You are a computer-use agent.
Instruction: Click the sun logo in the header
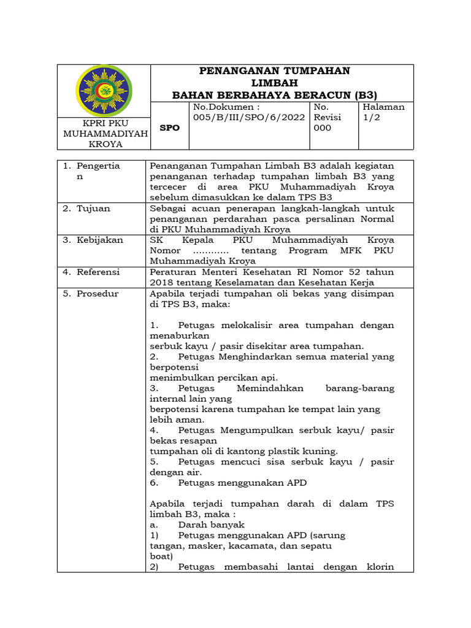[103, 90]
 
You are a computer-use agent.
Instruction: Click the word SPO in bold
[170, 128]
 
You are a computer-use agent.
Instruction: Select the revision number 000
[322, 128]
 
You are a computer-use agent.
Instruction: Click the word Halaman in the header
[384, 107]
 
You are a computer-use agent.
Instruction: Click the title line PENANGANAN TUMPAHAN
[275, 71]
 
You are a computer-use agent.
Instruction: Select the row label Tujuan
[93, 209]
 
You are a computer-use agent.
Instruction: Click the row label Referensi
[98, 272]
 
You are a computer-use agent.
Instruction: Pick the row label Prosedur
[98, 293]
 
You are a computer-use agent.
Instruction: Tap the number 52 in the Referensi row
[350, 272]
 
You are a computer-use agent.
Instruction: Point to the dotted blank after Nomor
[210, 250]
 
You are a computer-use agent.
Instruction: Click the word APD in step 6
[295, 483]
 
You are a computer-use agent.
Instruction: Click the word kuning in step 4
[321, 451]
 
